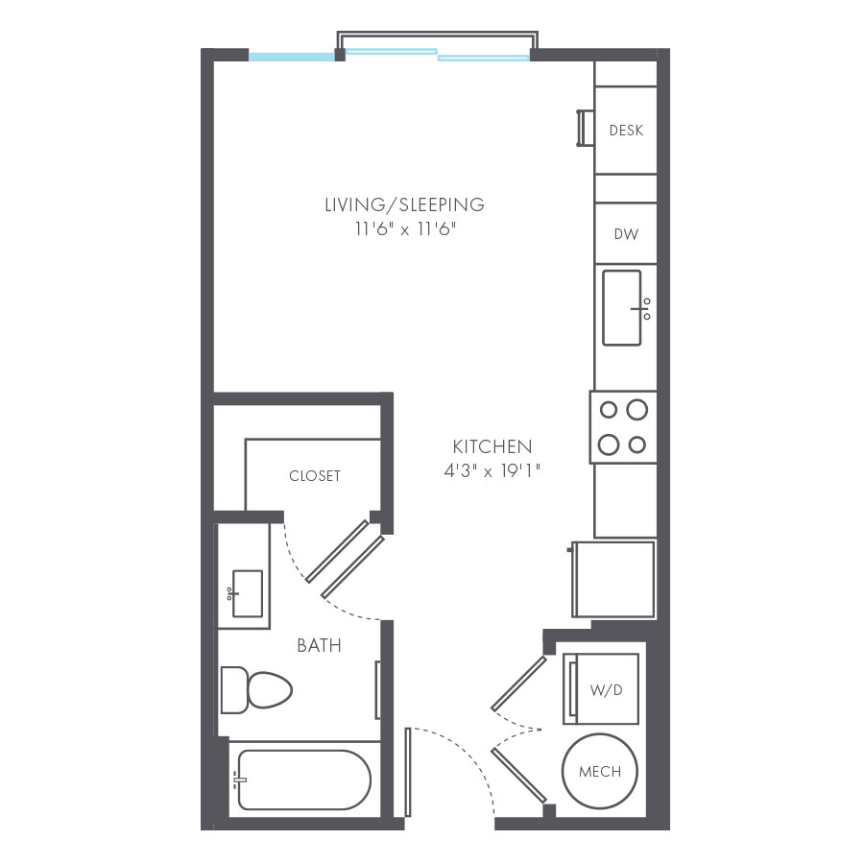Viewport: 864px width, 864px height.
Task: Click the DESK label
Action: click(x=626, y=131)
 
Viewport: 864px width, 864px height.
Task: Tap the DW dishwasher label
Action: click(x=626, y=233)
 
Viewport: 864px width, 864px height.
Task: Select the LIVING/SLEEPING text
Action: click(x=403, y=204)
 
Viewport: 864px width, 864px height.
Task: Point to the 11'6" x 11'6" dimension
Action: click(x=403, y=228)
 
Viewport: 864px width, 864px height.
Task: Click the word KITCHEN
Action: click(x=492, y=446)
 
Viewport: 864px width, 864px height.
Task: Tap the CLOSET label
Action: click(x=315, y=476)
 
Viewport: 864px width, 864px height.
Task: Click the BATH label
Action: click(x=319, y=646)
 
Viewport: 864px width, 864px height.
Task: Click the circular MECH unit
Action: click(x=599, y=771)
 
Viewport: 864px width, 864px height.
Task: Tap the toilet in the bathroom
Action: click(x=256, y=689)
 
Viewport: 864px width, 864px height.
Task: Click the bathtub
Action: click(x=302, y=779)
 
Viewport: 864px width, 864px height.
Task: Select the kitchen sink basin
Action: click(x=622, y=307)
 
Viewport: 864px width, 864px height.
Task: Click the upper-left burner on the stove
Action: click(x=609, y=411)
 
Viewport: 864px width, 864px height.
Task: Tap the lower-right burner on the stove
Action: click(x=636, y=444)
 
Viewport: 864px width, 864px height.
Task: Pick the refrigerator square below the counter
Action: click(x=614, y=579)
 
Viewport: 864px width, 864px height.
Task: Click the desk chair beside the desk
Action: click(x=583, y=129)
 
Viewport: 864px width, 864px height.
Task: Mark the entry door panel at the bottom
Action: click(x=408, y=772)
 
